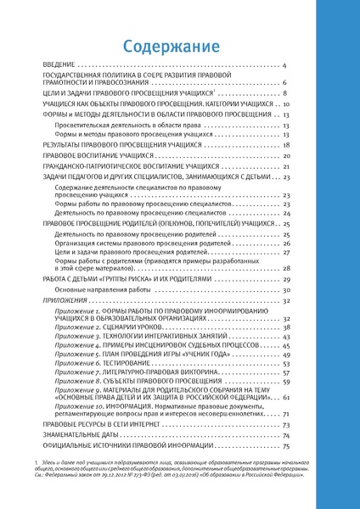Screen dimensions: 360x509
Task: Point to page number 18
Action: click(287, 146)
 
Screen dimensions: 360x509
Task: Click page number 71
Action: click(287, 412)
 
